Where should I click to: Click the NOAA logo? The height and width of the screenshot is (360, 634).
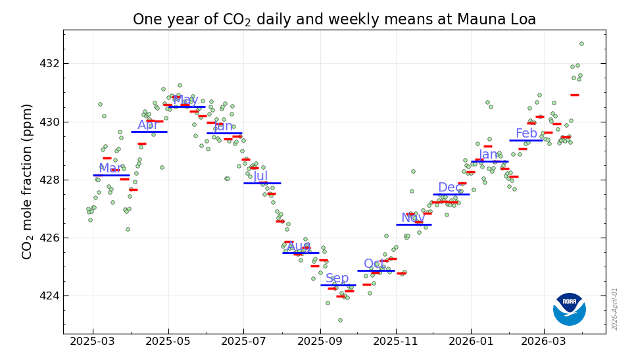569,309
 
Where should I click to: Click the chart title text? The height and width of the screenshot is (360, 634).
334,20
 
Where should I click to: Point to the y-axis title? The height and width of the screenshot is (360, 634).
28,181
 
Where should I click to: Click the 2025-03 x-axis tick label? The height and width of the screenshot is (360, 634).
93,342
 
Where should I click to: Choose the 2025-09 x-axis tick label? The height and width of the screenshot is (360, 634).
320,342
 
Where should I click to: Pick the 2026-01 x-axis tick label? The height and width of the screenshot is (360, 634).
471,342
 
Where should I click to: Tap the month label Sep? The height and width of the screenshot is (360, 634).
337,278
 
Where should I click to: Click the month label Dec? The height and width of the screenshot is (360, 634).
450,188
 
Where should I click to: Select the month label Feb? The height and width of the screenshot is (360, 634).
526,134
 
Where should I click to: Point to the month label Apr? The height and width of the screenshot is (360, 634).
148,125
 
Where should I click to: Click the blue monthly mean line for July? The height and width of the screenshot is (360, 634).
262,183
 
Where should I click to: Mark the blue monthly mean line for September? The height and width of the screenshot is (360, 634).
338,285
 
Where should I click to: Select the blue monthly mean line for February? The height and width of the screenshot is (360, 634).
526,140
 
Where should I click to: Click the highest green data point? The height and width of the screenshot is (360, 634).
581,43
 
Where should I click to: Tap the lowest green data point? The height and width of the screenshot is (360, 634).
340,320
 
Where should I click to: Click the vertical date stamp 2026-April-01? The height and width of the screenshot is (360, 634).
615,309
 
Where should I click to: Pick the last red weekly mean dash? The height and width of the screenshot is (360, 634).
575,95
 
